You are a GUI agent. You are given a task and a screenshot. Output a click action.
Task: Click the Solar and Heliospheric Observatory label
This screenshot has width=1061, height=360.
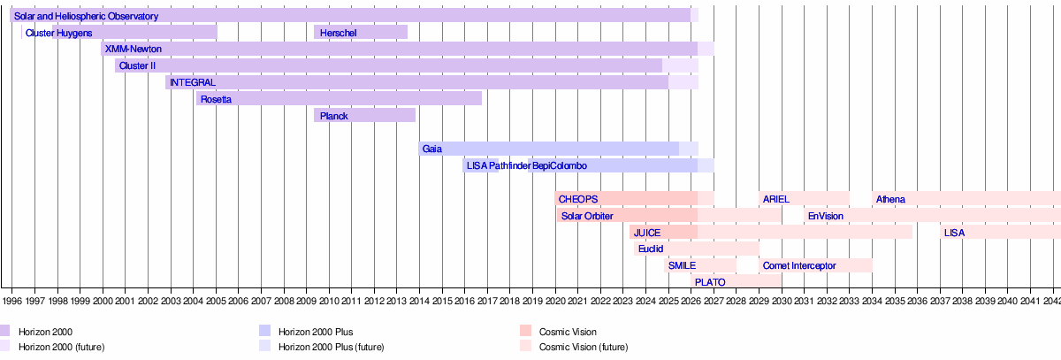(86, 16)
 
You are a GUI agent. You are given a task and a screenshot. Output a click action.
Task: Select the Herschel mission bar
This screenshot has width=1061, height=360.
(361, 33)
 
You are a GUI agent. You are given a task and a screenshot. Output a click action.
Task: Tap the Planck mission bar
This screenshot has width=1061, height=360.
(364, 115)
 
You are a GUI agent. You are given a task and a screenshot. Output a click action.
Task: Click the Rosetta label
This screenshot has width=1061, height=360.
(216, 99)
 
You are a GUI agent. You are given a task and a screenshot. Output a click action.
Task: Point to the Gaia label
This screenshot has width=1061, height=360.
(431, 149)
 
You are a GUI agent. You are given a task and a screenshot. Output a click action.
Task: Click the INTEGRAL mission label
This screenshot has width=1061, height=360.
(192, 82)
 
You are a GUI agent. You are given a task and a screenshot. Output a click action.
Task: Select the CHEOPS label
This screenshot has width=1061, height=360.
(578, 199)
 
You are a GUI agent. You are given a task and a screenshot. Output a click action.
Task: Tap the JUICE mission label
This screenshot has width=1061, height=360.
(647, 233)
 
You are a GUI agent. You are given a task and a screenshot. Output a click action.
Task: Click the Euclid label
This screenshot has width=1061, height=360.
(651, 249)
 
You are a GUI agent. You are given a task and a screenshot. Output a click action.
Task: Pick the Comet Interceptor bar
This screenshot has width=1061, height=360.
(815, 265)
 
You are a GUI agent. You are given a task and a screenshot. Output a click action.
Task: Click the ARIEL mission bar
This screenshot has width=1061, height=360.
(804, 199)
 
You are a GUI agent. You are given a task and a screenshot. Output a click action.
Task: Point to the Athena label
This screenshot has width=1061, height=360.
(890, 199)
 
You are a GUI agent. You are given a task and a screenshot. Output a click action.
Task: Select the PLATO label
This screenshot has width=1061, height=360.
(710, 282)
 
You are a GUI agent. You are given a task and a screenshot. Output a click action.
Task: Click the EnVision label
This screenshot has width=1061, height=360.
(825, 216)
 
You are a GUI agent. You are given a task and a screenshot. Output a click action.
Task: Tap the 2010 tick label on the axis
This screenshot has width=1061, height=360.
(329, 301)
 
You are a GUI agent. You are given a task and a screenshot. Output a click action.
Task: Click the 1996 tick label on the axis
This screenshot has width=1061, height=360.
(12, 301)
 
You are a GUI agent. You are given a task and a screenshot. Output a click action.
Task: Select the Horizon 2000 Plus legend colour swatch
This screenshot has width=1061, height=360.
(264, 331)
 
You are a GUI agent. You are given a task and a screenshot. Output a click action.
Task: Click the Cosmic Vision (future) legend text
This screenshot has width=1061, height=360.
(583, 346)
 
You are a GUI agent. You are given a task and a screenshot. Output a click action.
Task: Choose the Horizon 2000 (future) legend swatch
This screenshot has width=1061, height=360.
(4, 346)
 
